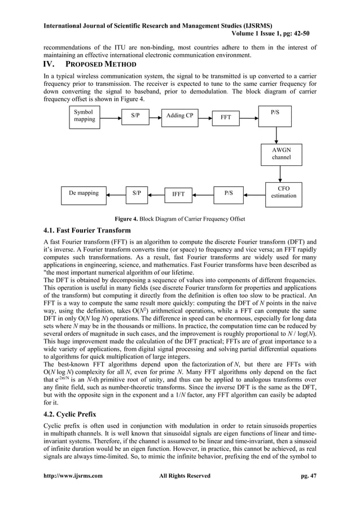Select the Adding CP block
point(180,116)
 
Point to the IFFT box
point(178,194)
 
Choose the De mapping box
point(84,194)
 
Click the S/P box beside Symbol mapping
point(136,116)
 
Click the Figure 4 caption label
point(180,218)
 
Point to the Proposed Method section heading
point(90,65)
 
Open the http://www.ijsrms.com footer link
point(73,476)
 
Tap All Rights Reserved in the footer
point(185,476)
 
